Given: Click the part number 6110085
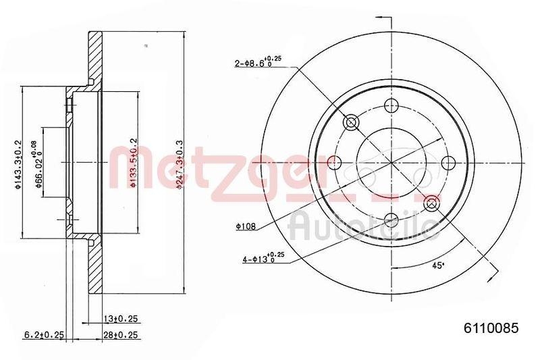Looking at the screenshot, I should (x=490, y=329).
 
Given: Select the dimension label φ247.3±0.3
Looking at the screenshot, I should (x=180, y=164).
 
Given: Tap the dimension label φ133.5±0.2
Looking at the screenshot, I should (x=134, y=163).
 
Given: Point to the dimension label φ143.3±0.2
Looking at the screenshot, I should (x=18, y=163).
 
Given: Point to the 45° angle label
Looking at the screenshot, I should (x=439, y=265).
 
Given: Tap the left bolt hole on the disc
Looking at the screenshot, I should (x=334, y=162).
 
